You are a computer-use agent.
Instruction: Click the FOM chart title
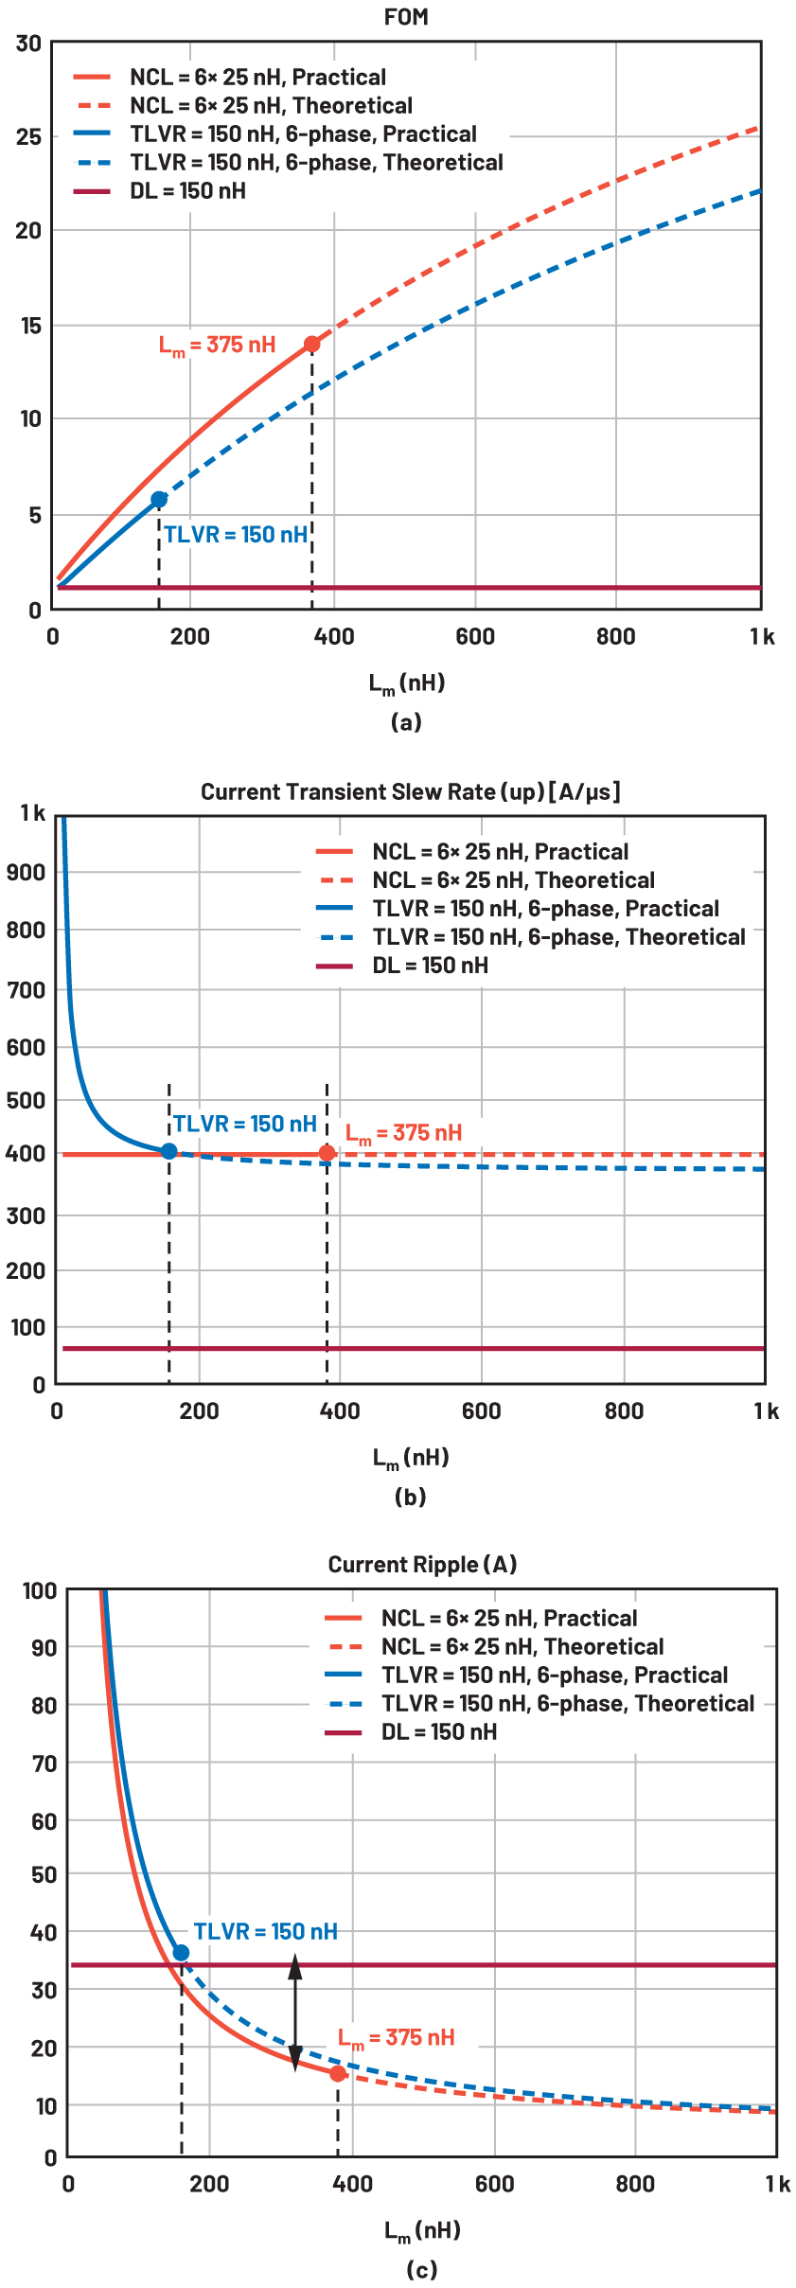coord(406,17)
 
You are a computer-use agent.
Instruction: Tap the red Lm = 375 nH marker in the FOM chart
coord(311,345)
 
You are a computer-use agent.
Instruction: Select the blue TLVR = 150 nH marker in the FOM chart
coord(159,499)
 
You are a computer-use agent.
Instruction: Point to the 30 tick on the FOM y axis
coord(28,44)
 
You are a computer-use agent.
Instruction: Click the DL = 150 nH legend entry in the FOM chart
coord(187,191)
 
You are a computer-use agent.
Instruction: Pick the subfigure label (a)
coord(406,722)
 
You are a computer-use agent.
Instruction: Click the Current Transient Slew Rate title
coord(410,791)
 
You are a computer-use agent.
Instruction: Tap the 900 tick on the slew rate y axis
coord(26,873)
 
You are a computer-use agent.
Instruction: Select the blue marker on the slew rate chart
coord(168,1151)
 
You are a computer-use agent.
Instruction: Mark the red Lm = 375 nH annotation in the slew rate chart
coord(403,1133)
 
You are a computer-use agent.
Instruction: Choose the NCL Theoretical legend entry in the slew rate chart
coord(513,880)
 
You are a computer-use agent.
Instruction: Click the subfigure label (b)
coord(410,1497)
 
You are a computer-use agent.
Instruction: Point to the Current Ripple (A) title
coord(422,1565)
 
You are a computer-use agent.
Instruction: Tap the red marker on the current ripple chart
coord(338,2073)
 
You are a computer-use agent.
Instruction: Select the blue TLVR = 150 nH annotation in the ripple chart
coord(265,1931)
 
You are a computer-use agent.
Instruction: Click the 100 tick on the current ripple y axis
coord(40,1591)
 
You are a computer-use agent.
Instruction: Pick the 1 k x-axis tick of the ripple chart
coord(777,2184)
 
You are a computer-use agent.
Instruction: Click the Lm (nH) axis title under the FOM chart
coord(406,683)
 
